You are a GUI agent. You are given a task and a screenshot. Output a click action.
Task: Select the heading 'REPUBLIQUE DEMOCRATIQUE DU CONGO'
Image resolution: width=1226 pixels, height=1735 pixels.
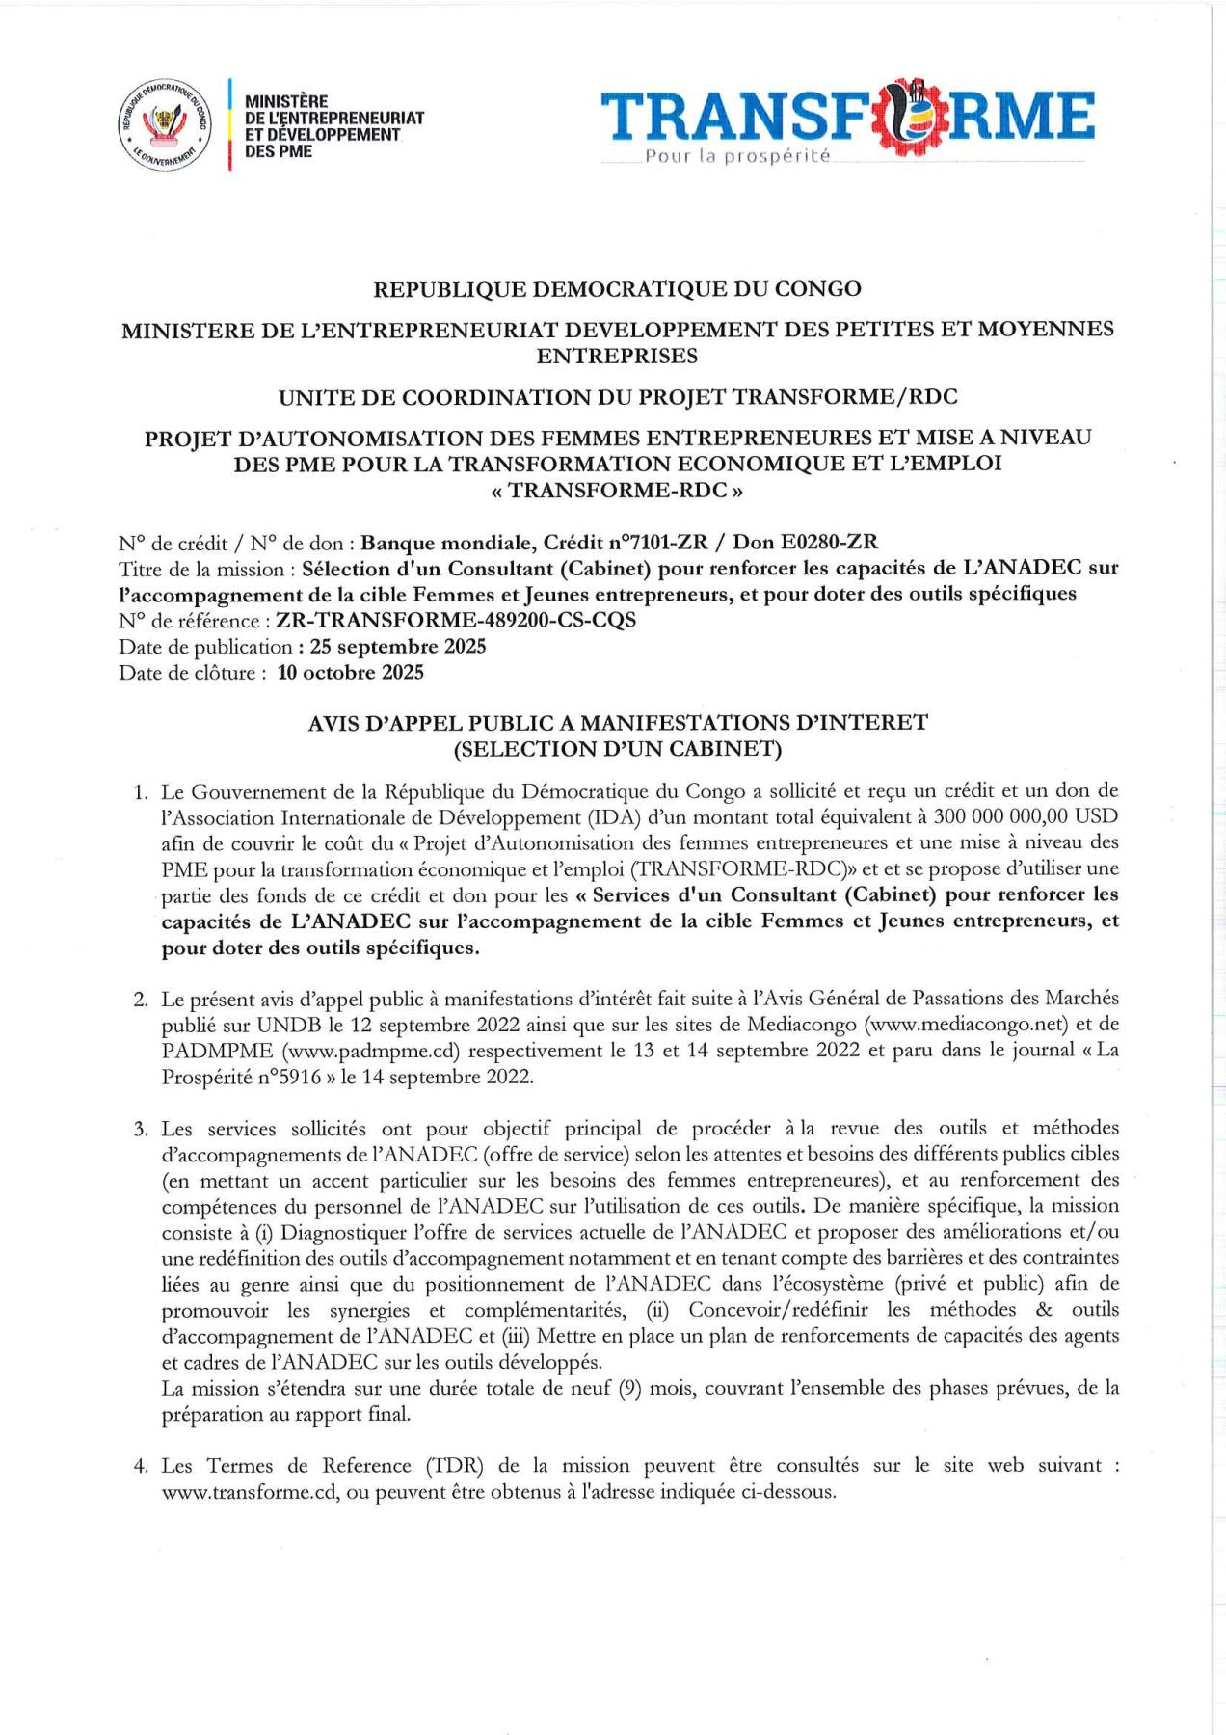(x=617, y=288)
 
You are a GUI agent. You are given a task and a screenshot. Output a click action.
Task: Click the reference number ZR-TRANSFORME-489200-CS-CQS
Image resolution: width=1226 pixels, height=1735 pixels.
(x=456, y=620)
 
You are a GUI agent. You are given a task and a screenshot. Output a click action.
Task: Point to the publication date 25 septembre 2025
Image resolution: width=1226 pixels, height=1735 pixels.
(x=397, y=646)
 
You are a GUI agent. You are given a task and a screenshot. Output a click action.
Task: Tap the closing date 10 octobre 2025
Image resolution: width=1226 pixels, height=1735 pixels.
(x=350, y=672)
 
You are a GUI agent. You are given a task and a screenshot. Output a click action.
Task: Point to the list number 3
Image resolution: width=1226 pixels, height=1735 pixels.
(x=141, y=1129)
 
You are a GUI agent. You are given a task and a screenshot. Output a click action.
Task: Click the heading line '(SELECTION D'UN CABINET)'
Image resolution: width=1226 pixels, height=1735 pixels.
(x=617, y=748)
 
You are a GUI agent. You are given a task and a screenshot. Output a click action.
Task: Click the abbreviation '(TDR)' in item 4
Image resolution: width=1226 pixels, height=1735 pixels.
(x=452, y=1466)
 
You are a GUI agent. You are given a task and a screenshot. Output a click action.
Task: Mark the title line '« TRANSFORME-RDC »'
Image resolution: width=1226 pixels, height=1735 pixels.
(x=617, y=490)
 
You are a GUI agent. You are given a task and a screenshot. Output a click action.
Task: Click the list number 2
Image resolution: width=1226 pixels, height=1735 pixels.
(x=141, y=999)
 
